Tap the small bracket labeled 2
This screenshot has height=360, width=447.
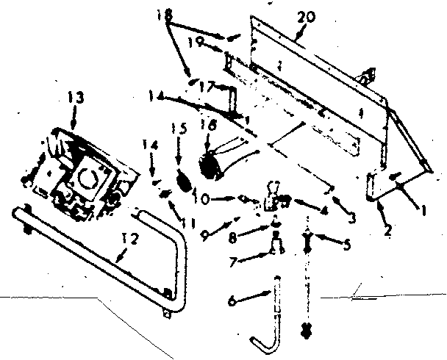pyautogui.click(x=373, y=185)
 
